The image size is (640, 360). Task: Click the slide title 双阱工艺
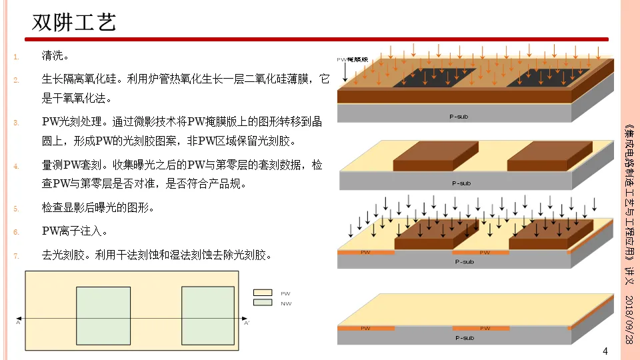(x=75, y=22)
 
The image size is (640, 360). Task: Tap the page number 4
(x=605, y=351)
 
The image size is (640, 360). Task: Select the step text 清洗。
(x=55, y=55)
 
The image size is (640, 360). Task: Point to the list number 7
(x=17, y=255)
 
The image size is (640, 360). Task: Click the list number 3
(x=17, y=123)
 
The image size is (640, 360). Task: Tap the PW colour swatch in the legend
(x=263, y=293)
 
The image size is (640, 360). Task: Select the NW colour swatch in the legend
(x=263, y=303)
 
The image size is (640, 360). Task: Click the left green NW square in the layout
(x=103, y=315)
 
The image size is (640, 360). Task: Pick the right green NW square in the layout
(x=208, y=315)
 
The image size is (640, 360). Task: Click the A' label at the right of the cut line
(x=247, y=323)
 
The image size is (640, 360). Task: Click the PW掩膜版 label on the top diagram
(x=353, y=59)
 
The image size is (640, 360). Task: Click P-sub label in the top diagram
(x=459, y=116)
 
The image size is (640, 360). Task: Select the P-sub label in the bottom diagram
(x=464, y=338)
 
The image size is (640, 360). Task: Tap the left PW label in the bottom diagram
(x=365, y=328)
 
